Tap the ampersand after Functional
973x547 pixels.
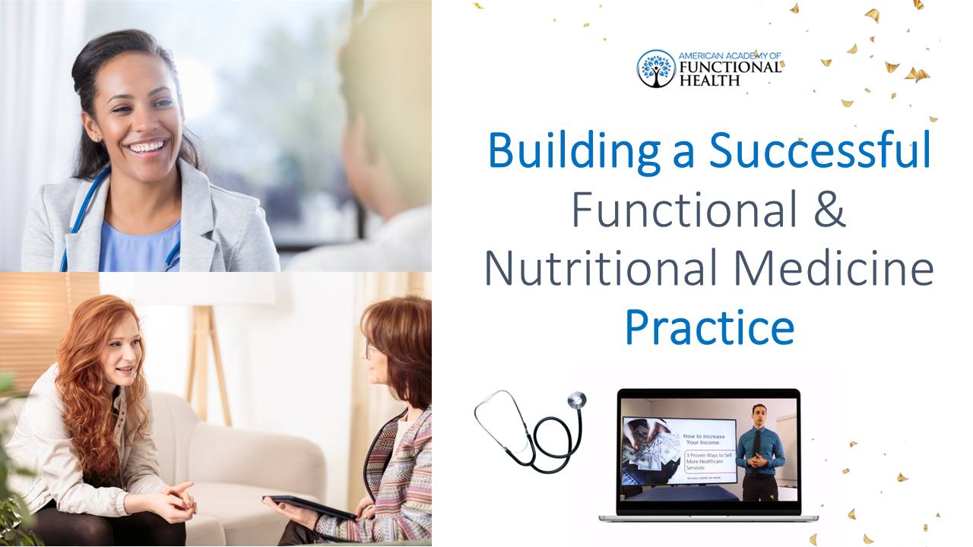click(824, 210)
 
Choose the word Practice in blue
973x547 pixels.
click(708, 328)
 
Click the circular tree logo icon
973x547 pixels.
click(656, 68)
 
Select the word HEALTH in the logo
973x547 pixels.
click(708, 80)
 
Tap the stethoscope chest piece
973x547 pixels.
click(577, 400)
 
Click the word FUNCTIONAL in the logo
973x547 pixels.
click(730, 67)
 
